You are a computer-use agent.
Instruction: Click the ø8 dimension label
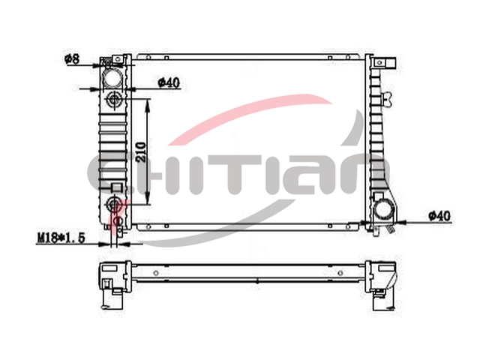coord(72,58)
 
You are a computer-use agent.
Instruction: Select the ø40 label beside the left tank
coord(169,82)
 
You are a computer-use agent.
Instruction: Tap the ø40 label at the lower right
coord(439,216)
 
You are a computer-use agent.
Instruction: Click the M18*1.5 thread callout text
coord(61,238)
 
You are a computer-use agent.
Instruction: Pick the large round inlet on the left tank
coord(112,77)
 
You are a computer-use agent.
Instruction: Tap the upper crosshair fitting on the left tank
coord(114,99)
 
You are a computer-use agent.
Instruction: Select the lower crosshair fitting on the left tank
coord(114,203)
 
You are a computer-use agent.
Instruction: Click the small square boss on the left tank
coord(116,187)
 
